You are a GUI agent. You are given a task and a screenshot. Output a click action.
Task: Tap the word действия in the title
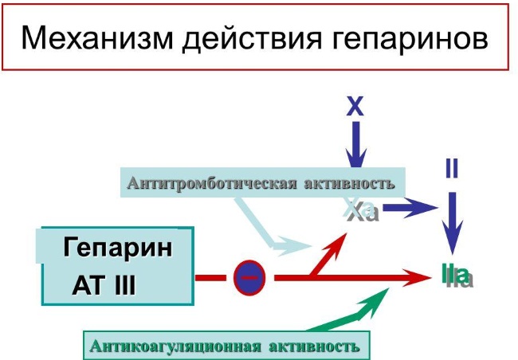[x=252, y=40]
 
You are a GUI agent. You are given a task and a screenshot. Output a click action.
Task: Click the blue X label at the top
[x=355, y=107]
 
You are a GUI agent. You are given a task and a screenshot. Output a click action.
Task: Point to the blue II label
[x=452, y=168]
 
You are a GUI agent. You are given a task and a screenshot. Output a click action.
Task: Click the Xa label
[x=362, y=210]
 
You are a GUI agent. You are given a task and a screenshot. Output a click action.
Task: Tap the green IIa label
[x=457, y=276]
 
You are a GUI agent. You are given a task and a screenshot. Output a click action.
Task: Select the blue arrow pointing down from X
[x=355, y=145]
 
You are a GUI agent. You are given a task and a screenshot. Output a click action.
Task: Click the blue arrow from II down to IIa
[x=452, y=223]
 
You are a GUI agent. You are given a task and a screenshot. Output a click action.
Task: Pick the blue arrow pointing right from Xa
[x=410, y=208]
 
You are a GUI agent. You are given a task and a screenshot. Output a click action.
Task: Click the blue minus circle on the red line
[x=249, y=278]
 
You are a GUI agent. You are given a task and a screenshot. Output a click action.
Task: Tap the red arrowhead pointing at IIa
[x=418, y=278]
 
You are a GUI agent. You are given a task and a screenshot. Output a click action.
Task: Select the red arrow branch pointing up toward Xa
[x=328, y=253]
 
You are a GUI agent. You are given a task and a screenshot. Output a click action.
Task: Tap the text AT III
[x=104, y=285]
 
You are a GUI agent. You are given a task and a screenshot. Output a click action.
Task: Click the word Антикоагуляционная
[x=175, y=346]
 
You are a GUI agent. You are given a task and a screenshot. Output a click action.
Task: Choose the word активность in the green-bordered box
[x=314, y=346]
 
